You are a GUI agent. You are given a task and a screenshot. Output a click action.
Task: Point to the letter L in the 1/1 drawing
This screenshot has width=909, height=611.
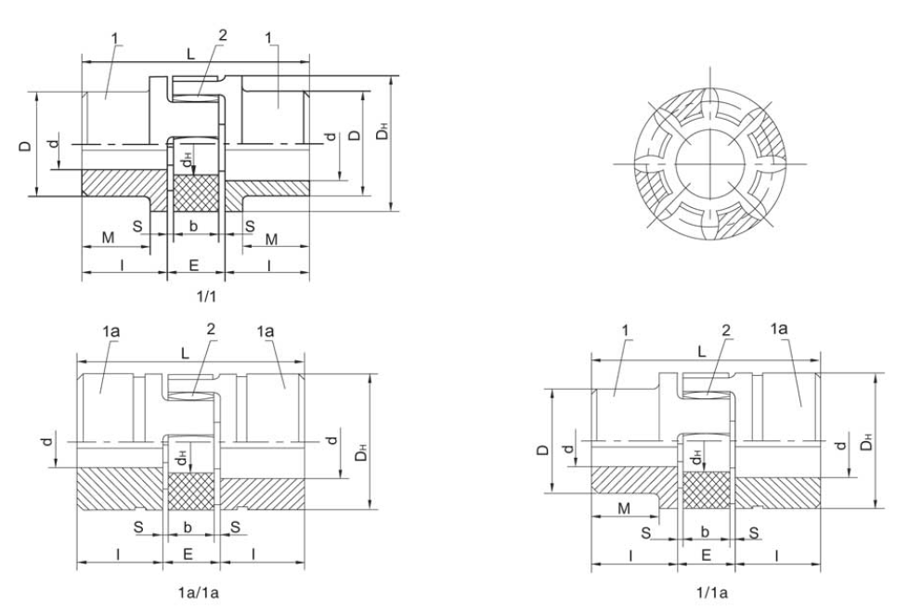pos(191,54)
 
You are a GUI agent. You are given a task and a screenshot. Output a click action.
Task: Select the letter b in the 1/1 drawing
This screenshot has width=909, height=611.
pos(193,226)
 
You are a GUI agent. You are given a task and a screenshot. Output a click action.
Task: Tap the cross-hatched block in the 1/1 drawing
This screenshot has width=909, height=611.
pos(193,194)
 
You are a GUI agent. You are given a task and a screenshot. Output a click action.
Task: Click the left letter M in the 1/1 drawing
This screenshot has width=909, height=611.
pos(109,238)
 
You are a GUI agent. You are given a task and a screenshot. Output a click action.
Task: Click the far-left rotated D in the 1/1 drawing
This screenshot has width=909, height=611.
pos(25,144)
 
